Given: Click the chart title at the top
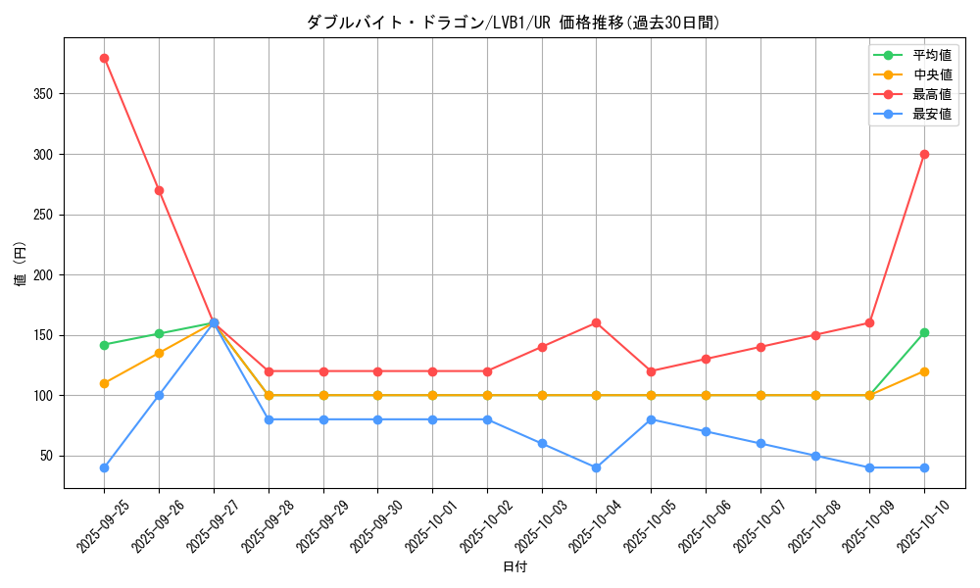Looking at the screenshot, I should click(514, 23).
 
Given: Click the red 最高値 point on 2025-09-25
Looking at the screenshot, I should click(104, 58).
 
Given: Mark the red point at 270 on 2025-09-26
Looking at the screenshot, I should click(159, 190).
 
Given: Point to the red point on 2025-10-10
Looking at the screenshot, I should click(924, 154).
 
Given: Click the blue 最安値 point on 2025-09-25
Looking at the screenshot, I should click(104, 467).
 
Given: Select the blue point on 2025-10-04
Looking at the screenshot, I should click(596, 467).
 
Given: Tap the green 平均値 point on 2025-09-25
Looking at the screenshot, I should click(104, 345).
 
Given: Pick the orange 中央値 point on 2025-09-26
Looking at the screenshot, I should click(159, 353).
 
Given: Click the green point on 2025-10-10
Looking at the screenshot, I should click(924, 333).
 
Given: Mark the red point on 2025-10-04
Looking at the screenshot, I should click(596, 322).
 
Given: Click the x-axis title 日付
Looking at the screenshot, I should click(514, 567).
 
